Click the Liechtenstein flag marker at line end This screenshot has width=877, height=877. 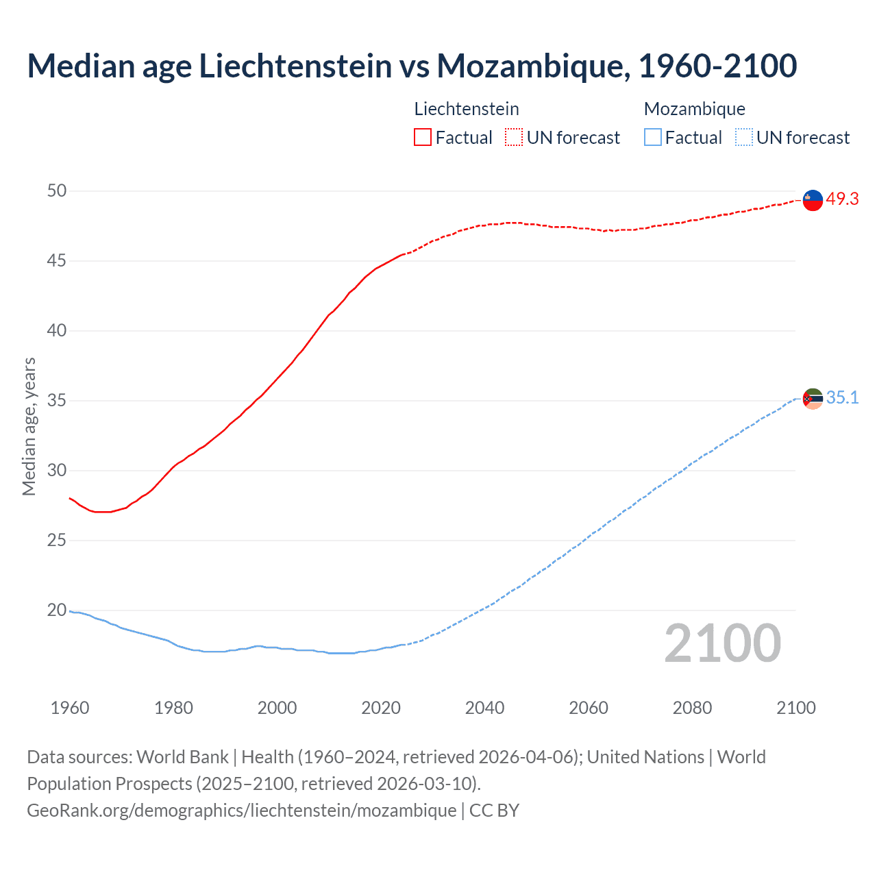[x=813, y=200]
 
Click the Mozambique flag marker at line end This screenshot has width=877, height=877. [x=813, y=399]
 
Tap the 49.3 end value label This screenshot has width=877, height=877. [x=842, y=199]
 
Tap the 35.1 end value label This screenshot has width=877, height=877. [x=842, y=398]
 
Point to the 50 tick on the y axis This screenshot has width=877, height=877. [x=57, y=190]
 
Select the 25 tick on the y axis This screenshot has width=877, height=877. [x=57, y=540]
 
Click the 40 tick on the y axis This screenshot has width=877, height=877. [x=57, y=330]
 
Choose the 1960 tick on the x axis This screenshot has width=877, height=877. [x=70, y=708]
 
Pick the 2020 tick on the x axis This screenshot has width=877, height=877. [x=381, y=708]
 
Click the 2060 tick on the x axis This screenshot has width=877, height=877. [x=589, y=708]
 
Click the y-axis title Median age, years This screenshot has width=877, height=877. [x=29, y=426]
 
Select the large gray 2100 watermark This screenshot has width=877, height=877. [x=722, y=643]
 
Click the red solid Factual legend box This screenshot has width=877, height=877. [x=423, y=138]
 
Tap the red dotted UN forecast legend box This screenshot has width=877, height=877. [x=514, y=138]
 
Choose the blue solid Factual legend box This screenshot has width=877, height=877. [x=653, y=138]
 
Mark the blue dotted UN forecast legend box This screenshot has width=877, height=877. [x=744, y=138]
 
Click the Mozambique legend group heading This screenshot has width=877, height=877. [x=695, y=109]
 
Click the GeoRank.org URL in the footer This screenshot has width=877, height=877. [x=241, y=810]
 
